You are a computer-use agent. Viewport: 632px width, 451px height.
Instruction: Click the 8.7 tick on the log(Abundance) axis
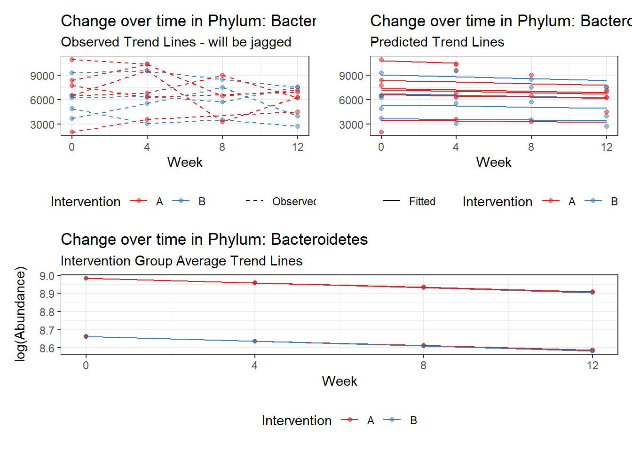[x=47, y=330]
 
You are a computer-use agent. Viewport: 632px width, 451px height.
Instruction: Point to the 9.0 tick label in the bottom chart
[x=47, y=276]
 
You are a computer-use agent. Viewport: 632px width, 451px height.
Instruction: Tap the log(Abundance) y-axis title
[x=20, y=314]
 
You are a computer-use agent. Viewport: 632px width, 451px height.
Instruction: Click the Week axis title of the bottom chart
[x=339, y=381]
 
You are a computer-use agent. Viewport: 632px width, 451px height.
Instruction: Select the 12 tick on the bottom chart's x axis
[x=592, y=365]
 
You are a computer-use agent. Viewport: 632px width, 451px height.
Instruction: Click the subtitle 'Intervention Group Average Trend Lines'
[x=182, y=261]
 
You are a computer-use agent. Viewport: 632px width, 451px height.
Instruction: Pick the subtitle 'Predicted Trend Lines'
[x=437, y=42]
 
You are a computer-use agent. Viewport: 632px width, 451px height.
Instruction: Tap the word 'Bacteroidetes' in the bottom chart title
[x=319, y=239]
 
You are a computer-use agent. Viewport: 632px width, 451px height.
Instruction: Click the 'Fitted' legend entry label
[x=422, y=202]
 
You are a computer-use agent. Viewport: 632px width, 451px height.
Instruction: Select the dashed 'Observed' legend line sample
[x=254, y=201]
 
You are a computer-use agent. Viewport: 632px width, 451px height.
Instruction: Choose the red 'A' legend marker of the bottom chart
[x=349, y=420]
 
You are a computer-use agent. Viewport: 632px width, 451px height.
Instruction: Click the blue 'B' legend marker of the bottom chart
[x=392, y=420]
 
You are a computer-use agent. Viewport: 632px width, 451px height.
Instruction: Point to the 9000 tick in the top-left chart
[x=42, y=76]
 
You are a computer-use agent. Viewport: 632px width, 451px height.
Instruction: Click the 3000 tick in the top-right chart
[x=351, y=125]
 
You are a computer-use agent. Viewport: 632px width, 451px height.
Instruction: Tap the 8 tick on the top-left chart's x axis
[x=222, y=147]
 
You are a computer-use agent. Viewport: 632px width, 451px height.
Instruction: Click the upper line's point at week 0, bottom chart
[x=86, y=278]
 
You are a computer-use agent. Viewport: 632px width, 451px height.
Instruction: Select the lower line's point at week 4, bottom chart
[x=254, y=341]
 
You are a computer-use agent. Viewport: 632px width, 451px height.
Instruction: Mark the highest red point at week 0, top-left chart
[x=72, y=60]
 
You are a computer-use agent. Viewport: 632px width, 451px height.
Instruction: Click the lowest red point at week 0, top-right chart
[x=381, y=132]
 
